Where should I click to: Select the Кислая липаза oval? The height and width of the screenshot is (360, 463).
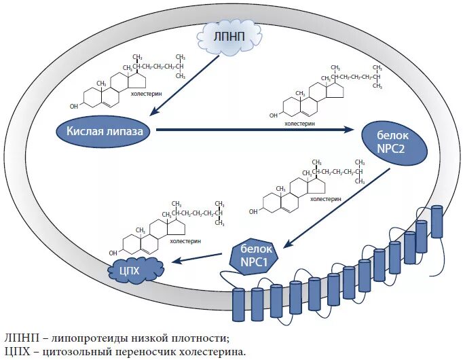(104, 131)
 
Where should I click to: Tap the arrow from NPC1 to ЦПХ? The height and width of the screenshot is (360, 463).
(198, 257)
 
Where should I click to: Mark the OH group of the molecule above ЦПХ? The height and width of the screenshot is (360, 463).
(113, 253)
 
